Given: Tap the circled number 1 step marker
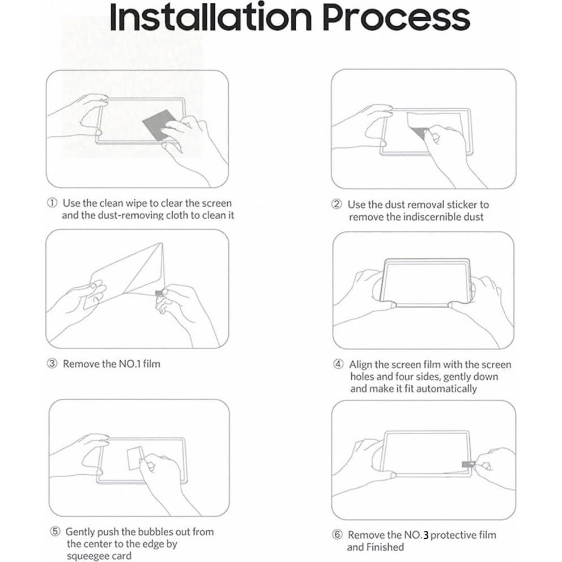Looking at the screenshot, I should tap(52, 203).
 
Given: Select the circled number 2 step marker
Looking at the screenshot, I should tap(337, 204).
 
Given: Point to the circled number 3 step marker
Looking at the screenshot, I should tap(52, 364).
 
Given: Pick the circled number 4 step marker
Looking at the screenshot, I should tap(338, 364).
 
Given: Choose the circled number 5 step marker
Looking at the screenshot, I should tap(55, 532).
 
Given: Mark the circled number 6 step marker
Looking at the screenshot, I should tap(337, 535).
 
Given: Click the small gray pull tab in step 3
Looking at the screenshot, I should tap(159, 293).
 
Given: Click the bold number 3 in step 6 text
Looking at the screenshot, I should tap(425, 535).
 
